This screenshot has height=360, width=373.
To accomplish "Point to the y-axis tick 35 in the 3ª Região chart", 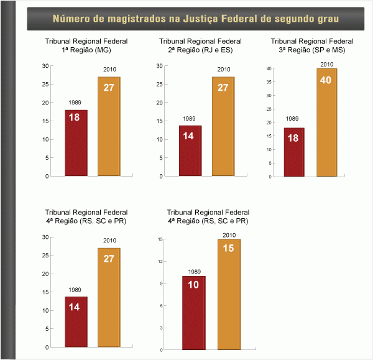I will tap(269, 82).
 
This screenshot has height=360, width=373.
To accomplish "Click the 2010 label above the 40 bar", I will tap(327, 64).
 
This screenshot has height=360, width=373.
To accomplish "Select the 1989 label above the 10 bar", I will tap(194, 272).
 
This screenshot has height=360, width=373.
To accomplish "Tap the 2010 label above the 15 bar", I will tap(229, 235).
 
